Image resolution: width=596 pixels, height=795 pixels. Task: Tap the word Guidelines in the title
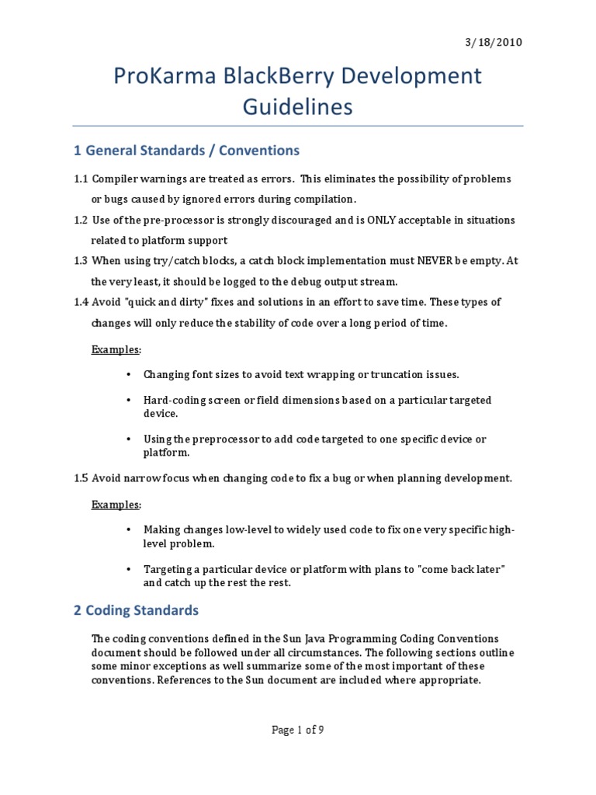tap(297, 106)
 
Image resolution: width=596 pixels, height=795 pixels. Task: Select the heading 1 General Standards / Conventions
tap(186, 150)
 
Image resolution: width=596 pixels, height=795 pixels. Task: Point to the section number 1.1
tap(81, 179)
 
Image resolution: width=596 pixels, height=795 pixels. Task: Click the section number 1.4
tap(81, 302)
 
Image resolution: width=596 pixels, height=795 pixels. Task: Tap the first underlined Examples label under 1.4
tap(115, 349)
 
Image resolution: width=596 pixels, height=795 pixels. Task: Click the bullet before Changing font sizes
tap(128, 374)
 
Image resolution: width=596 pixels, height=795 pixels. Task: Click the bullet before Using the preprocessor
tap(128, 439)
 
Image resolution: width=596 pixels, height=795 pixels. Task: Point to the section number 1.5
tap(81, 478)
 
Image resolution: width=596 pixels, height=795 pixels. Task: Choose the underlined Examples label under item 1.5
tap(115, 505)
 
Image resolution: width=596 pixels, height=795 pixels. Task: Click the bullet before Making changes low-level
tap(128, 529)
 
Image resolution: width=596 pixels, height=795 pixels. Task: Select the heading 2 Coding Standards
tap(137, 610)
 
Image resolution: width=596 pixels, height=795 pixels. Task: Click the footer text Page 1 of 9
tap(297, 730)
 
